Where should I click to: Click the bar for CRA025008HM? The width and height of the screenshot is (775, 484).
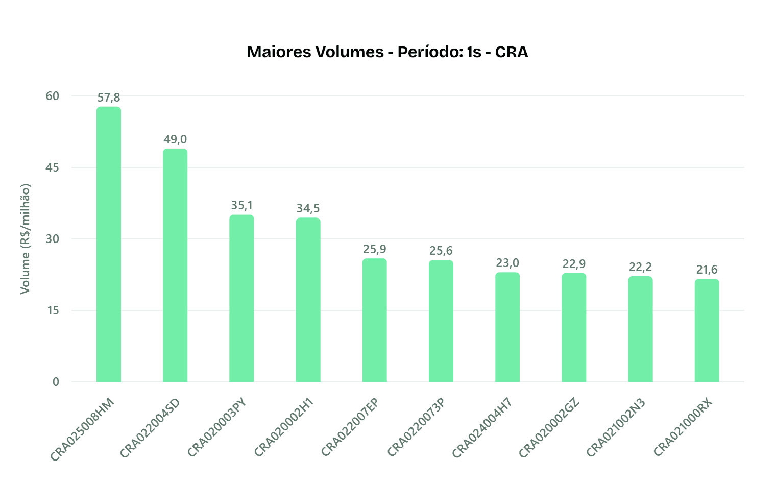pyautogui.click(x=109, y=244)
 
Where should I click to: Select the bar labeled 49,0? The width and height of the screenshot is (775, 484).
pyautogui.click(x=175, y=265)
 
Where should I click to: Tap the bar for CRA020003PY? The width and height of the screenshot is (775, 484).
pyautogui.click(x=241, y=298)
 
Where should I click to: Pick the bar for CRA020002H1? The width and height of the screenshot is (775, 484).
pyautogui.click(x=308, y=300)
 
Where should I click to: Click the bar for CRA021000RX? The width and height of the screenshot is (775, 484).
pyautogui.click(x=707, y=330)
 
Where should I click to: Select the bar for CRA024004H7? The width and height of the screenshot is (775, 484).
pyautogui.click(x=507, y=327)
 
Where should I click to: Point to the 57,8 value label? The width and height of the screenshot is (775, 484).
pyautogui.click(x=109, y=98)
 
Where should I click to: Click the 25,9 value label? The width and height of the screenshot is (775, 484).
pyautogui.click(x=375, y=249)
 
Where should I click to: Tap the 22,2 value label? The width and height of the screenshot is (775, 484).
pyautogui.click(x=640, y=267)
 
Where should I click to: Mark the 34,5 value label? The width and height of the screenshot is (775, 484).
pyautogui.click(x=308, y=208)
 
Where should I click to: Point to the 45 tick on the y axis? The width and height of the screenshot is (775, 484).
pyautogui.click(x=53, y=167)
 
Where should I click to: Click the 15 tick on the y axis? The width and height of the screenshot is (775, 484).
pyautogui.click(x=53, y=310)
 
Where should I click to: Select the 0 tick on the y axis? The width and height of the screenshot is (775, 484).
pyautogui.click(x=56, y=382)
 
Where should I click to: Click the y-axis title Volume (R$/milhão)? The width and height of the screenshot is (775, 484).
pyautogui.click(x=25, y=239)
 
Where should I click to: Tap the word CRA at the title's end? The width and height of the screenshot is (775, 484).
pyautogui.click(x=512, y=52)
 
